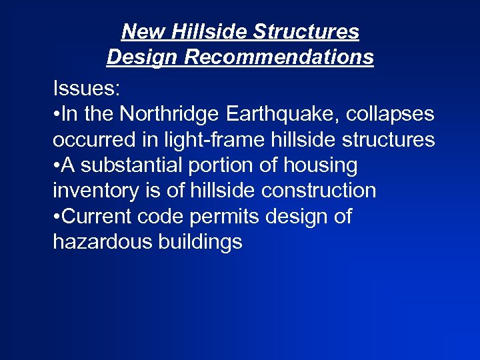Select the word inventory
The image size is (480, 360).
[95, 191]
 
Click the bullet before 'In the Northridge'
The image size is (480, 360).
[57, 115]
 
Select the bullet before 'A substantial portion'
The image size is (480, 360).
[57, 166]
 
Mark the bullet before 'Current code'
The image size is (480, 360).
[57, 217]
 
